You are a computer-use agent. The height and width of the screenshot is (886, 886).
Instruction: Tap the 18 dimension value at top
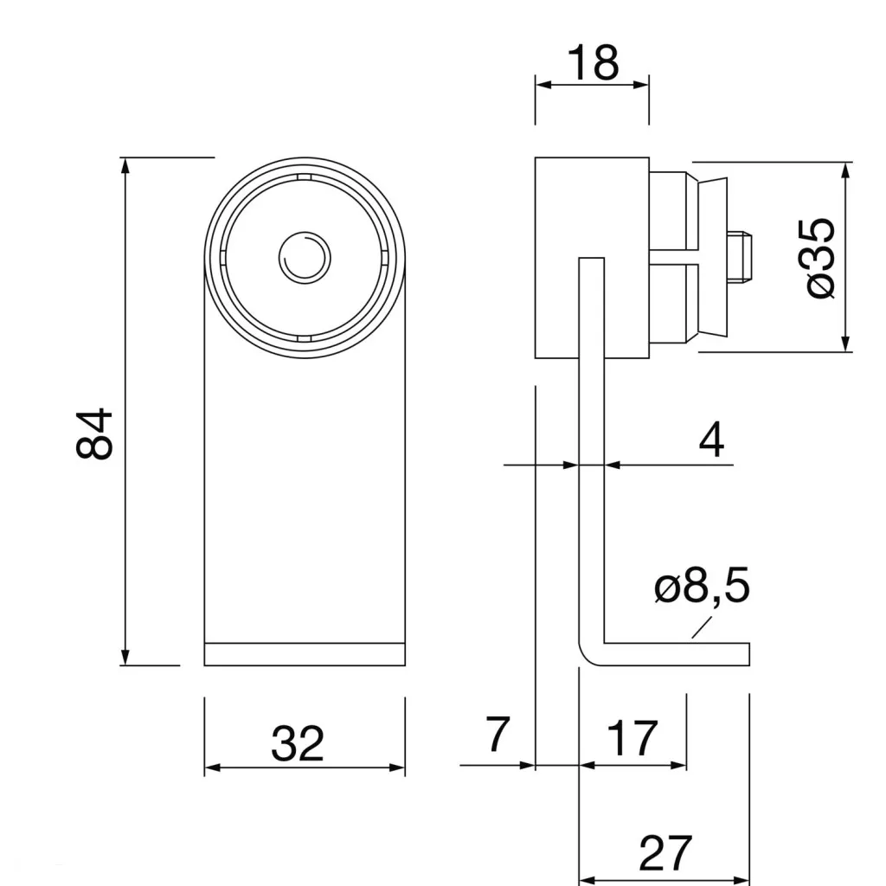593,62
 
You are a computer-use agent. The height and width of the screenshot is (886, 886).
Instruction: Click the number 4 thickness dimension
711,440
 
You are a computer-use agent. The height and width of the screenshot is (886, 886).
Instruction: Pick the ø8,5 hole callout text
702,588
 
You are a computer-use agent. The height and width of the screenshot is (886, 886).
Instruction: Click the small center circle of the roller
304,257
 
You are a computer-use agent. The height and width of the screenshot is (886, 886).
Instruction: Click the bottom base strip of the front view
305,654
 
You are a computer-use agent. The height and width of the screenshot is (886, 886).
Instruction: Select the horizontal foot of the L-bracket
675,654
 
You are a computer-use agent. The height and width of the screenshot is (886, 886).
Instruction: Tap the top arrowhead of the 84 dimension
125,164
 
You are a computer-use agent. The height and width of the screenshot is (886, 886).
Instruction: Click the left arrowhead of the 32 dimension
211,767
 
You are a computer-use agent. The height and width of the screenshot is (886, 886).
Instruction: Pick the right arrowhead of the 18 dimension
642,84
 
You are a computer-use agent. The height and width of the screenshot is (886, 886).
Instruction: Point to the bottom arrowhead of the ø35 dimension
847,345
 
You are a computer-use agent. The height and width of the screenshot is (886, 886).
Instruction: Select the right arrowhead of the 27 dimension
743,881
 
